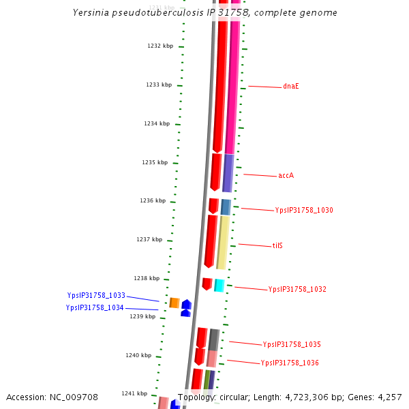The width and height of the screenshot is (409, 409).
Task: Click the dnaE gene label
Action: click(x=291, y=87)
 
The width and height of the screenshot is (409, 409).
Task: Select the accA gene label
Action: click(x=286, y=175)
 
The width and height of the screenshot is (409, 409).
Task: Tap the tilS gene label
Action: click(x=277, y=245)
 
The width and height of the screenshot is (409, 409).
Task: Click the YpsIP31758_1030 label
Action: click(x=304, y=210)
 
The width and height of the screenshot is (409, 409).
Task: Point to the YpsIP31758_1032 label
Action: click(x=297, y=289)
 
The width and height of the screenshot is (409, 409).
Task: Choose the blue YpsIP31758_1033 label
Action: click(x=96, y=295)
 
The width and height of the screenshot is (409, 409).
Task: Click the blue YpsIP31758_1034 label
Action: click(x=95, y=307)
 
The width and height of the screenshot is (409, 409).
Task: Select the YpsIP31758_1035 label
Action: click(x=292, y=344)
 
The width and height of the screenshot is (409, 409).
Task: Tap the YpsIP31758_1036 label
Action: click(x=290, y=363)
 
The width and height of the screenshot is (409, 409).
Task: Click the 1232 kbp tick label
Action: click(x=160, y=46)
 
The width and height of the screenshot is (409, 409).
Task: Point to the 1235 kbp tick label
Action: click(x=155, y=162)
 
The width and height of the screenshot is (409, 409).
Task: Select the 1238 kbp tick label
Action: click(x=147, y=278)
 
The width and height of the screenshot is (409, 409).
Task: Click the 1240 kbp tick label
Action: click(x=138, y=355)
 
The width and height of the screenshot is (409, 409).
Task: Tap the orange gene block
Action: click(x=175, y=303)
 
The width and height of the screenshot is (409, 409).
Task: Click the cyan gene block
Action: click(x=219, y=285)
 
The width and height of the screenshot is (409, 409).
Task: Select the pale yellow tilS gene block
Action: click(x=222, y=242)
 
